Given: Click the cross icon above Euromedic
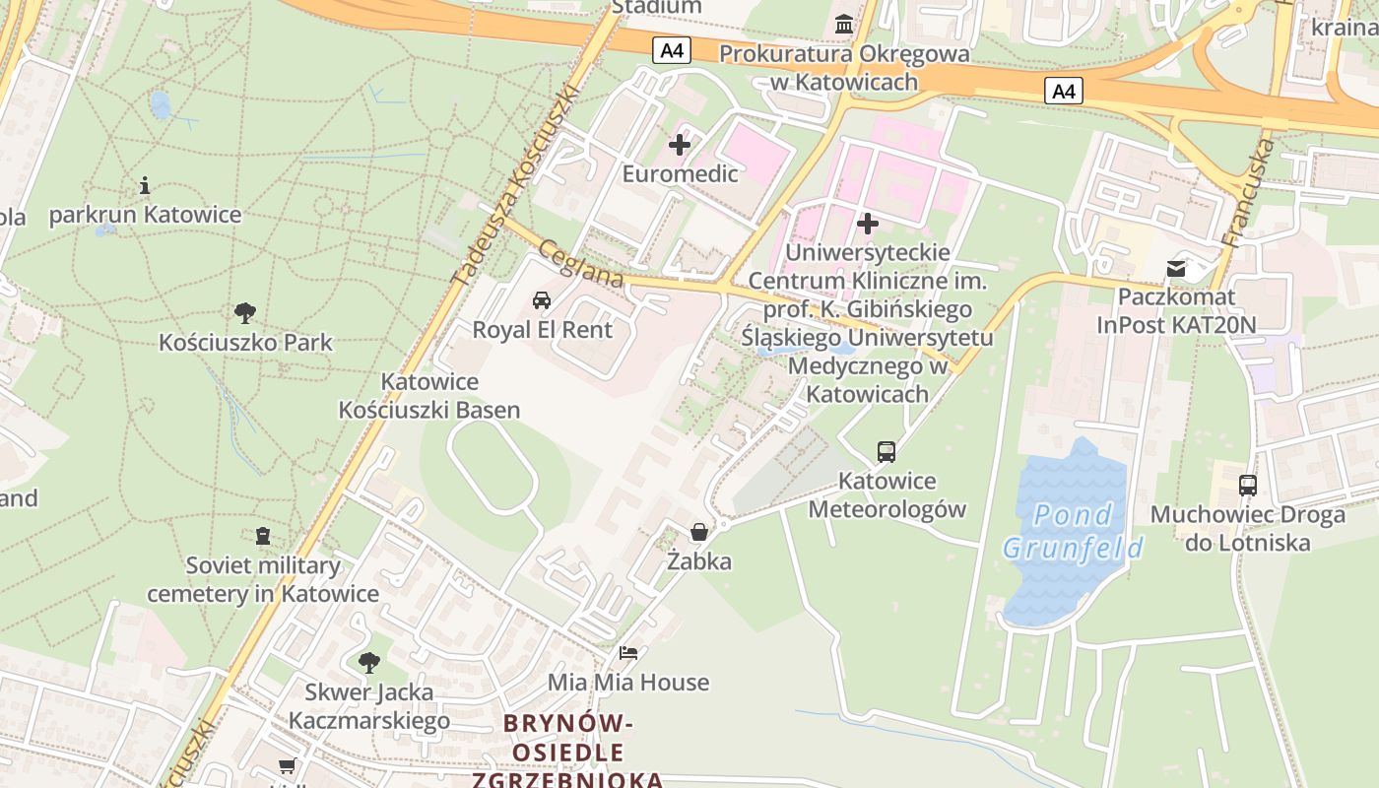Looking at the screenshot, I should click(679, 146).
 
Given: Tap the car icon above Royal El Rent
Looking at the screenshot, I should click(541, 300).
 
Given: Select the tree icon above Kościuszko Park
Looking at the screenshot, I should click(245, 313).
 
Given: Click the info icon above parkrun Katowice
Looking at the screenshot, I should click(145, 185).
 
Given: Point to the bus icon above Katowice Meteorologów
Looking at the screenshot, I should click(886, 452).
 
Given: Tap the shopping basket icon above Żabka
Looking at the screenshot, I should click(699, 533).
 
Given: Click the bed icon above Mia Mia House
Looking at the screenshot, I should click(627, 653).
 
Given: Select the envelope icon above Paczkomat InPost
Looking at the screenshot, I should click(1176, 268).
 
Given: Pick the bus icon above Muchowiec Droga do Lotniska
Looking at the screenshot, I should click(1247, 486).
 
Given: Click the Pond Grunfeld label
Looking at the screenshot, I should click(1074, 530).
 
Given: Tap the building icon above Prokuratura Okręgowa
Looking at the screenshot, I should click(844, 24).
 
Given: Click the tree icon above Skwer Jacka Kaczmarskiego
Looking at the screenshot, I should click(368, 662).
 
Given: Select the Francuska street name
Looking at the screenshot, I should click(1248, 193).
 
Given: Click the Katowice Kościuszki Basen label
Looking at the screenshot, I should click(429, 396).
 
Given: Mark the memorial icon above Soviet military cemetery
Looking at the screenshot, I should click(262, 536).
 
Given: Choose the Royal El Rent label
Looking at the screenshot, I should click(542, 330).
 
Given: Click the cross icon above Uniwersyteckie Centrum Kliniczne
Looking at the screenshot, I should click(867, 224).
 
